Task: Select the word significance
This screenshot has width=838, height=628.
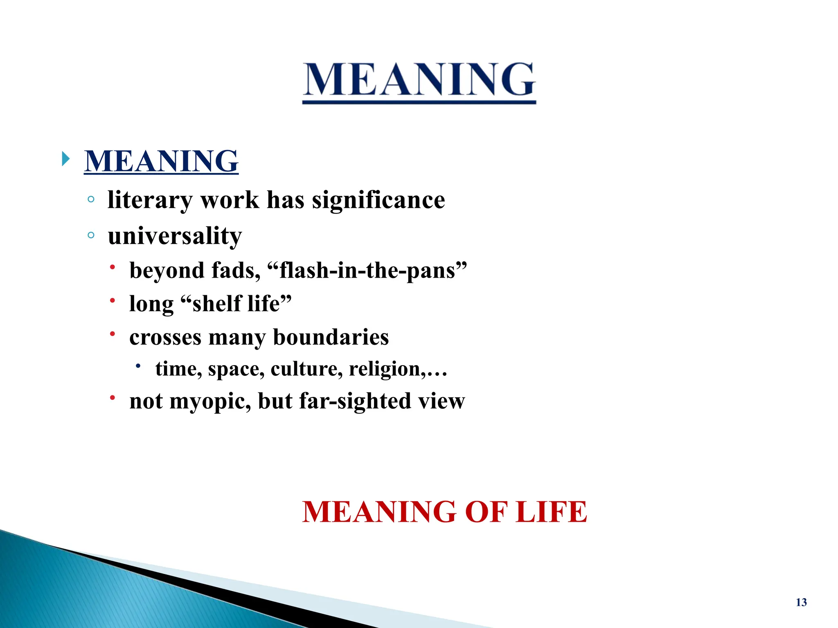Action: click(378, 200)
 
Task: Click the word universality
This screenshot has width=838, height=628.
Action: click(175, 236)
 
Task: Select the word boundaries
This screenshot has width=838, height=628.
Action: click(331, 337)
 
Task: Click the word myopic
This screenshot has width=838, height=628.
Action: click(210, 401)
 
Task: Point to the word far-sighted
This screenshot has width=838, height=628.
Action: click(354, 401)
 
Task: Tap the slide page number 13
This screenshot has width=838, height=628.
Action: click(801, 602)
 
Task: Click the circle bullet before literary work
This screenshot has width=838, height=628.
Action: click(91, 200)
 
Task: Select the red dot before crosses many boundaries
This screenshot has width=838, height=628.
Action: click(112, 334)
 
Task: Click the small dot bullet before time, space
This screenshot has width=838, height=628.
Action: click(138, 366)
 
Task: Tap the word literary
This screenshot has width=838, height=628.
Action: click(150, 200)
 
